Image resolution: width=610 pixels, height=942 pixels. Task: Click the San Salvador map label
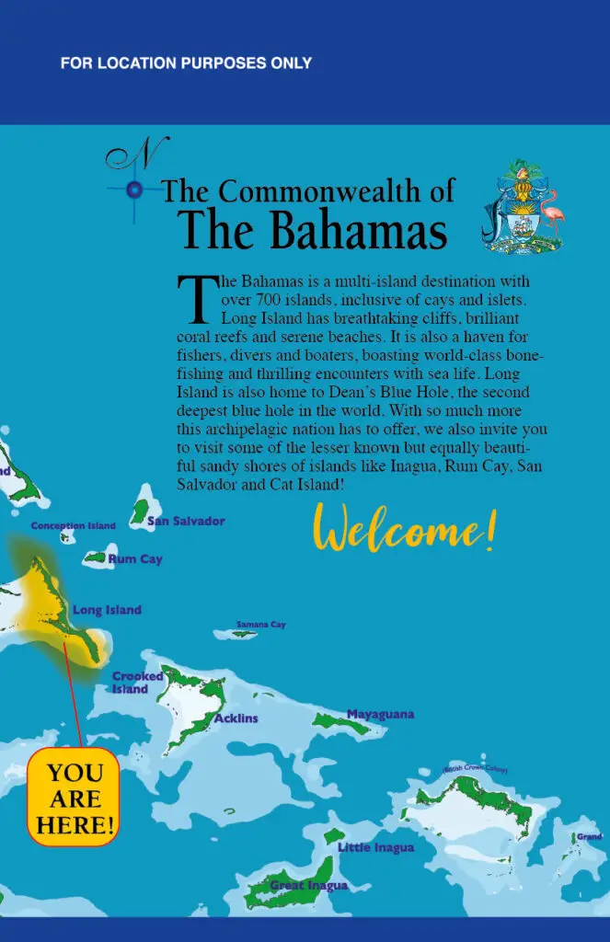186,522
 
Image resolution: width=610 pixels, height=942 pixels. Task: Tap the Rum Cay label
134,559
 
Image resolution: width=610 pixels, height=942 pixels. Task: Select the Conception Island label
74,526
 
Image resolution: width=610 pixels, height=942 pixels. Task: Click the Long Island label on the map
107,610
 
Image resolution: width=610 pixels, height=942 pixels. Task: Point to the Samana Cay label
260,625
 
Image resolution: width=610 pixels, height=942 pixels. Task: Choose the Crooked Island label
137,683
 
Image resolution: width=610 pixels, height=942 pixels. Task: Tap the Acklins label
236,718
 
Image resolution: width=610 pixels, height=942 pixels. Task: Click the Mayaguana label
380,714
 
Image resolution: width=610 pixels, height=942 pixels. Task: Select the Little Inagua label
375,847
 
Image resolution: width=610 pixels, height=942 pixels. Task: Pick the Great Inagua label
308,886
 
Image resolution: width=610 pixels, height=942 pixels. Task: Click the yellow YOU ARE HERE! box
74,798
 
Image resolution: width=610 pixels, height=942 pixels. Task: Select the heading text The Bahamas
313,230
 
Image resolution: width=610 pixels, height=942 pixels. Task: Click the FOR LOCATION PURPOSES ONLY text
186,63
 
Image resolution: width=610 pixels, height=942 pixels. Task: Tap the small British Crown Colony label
475,769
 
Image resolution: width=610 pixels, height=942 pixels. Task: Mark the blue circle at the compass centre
134,190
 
